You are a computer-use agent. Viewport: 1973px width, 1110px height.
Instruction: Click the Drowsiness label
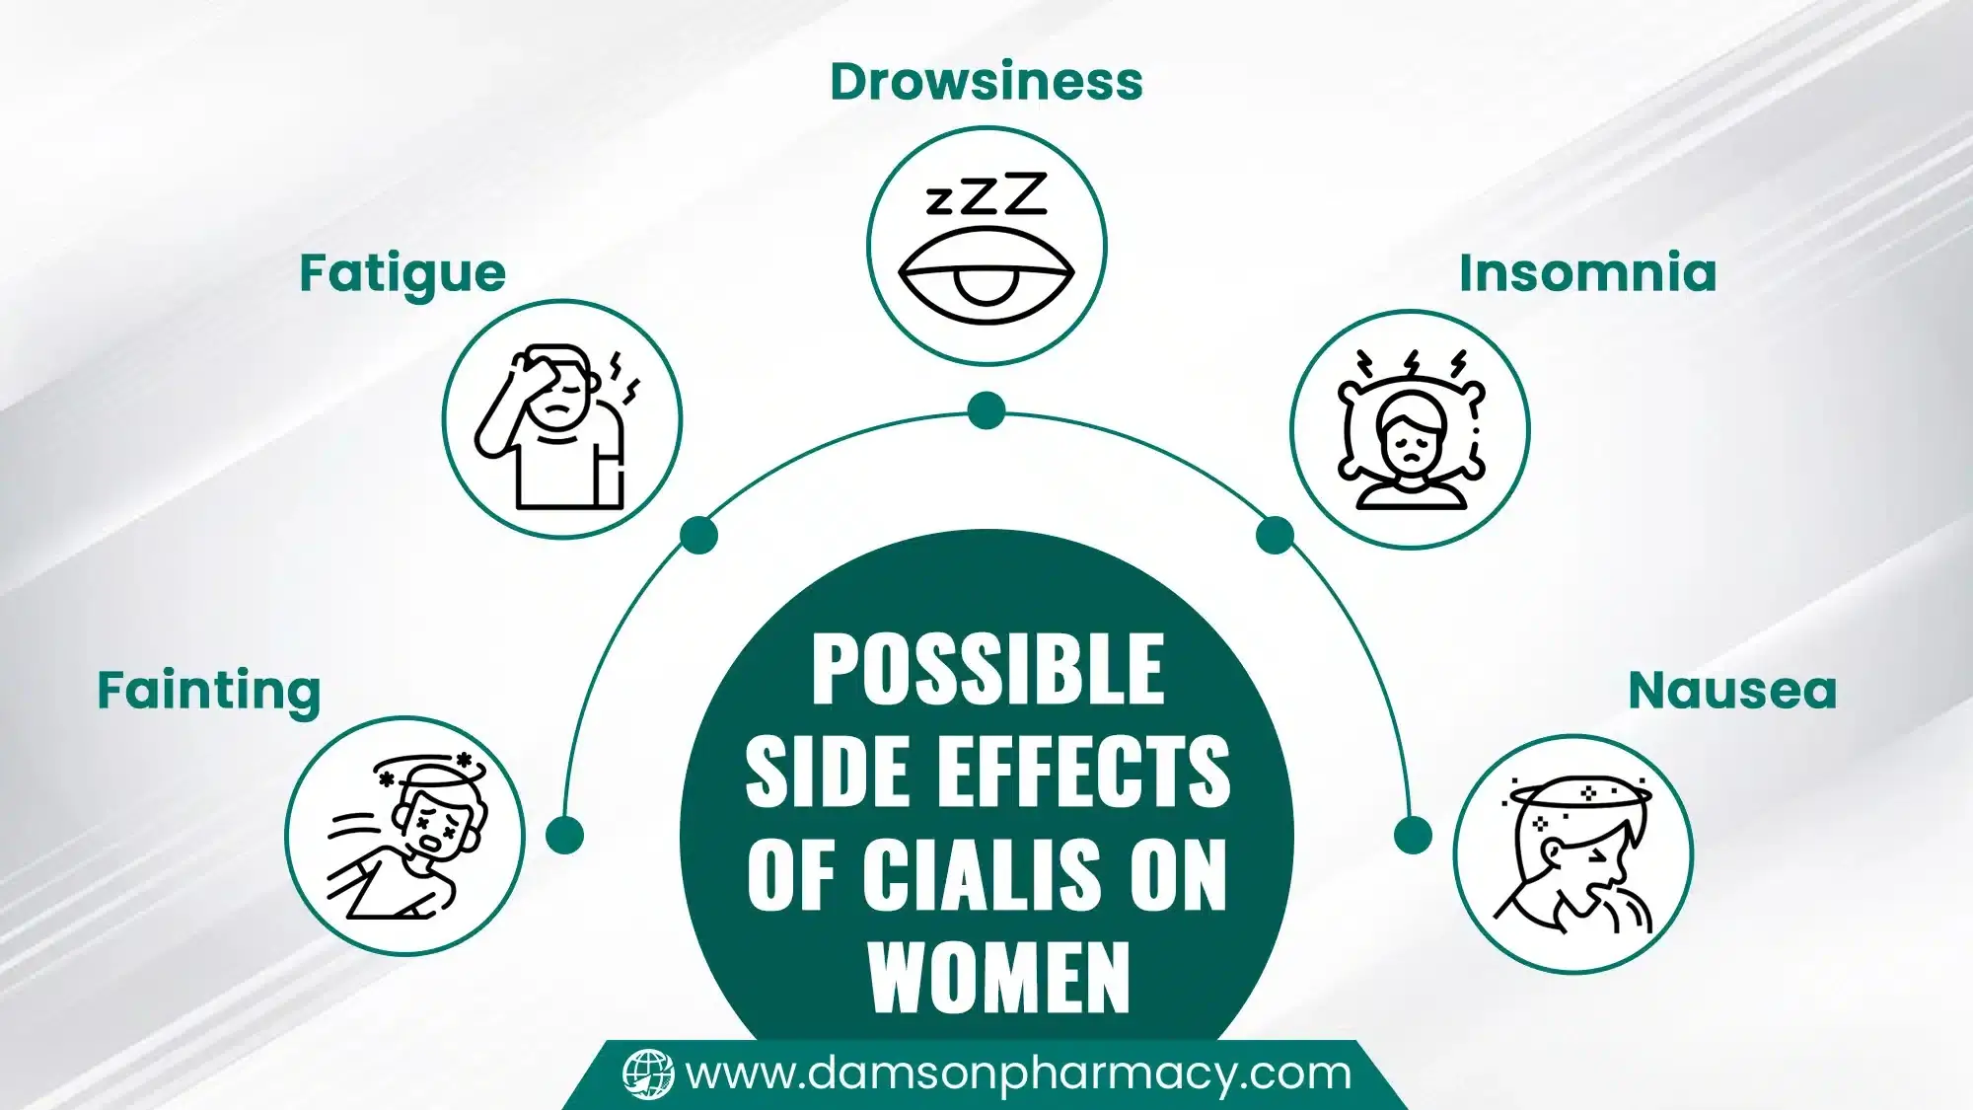(x=986, y=81)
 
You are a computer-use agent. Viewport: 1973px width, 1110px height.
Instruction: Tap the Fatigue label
(x=402, y=274)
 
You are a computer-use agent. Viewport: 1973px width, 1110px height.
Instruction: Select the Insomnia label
(x=1587, y=273)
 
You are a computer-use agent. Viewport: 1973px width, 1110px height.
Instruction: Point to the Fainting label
(x=209, y=691)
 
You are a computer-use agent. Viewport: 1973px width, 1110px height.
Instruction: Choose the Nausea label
(x=1732, y=691)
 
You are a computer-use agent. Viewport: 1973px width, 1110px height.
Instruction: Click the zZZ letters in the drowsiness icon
(x=986, y=195)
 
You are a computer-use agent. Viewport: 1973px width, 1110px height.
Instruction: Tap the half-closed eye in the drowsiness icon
(x=986, y=276)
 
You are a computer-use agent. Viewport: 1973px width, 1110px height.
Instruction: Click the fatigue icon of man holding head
(x=560, y=424)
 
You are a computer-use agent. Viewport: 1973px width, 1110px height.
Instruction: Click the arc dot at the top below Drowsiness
(x=986, y=410)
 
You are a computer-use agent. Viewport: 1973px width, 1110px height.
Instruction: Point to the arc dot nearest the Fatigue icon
(x=698, y=536)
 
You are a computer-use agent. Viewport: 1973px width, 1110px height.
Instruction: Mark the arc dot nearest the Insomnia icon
(x=1275, y=536)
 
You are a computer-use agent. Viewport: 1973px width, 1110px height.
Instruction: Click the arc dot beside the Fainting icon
(x=564, y=835)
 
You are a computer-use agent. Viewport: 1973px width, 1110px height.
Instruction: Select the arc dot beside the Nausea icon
(x=1413, y=835)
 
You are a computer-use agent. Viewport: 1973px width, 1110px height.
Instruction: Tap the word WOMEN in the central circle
(x=998, y=977)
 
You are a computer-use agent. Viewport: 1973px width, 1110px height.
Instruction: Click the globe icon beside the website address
(x=648, y=1073)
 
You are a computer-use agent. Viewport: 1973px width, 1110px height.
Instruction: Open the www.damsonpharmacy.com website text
(x=1018, y=1073)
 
